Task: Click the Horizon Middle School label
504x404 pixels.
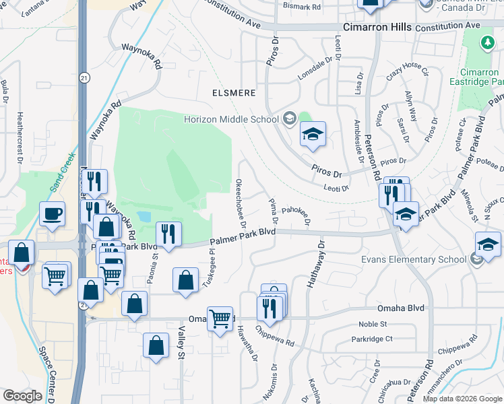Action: pyautogui.click(x=231, y=119)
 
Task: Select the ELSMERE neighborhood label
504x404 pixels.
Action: pyautogui.click(x=234, y=93)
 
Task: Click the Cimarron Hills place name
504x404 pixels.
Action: pyautogui.click(x=377, y=27)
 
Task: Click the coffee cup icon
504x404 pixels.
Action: pyautogui.click(x=53, y=215)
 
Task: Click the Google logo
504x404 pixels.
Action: pyautogui.click(x=22, y=396)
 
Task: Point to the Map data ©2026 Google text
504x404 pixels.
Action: pyautogui.click(x=462, y=399)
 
